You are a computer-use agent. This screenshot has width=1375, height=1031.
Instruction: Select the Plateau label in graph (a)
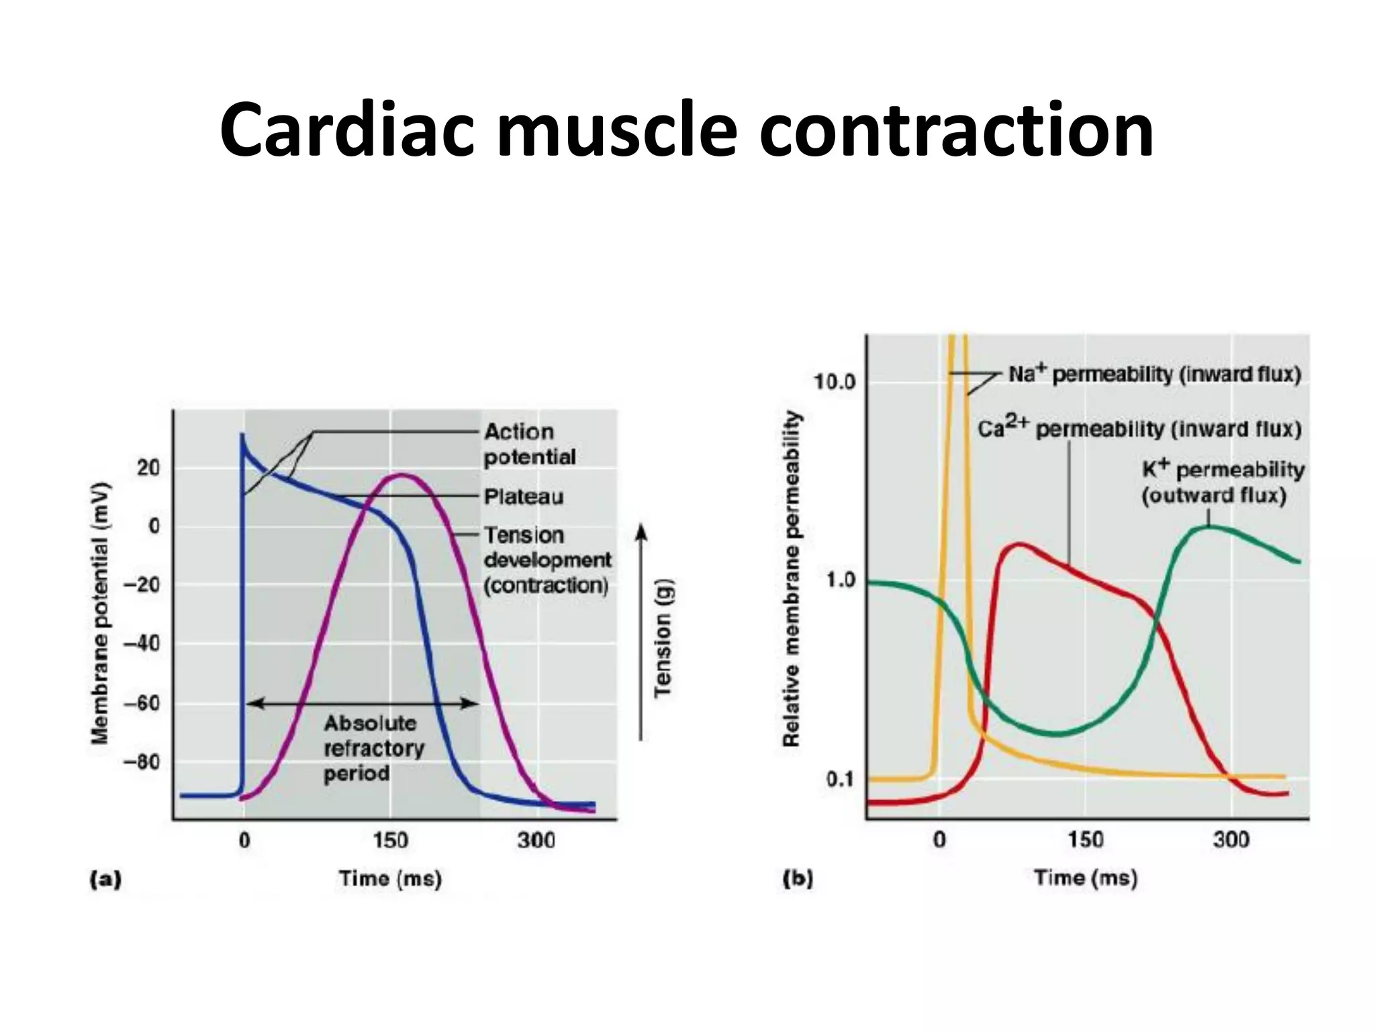coord(524,497)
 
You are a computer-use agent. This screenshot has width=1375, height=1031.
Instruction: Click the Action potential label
coord(529,444)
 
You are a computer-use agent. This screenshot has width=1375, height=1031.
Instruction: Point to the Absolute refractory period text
coord(373,748)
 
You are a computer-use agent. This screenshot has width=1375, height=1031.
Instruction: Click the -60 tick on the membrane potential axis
coord(142,703)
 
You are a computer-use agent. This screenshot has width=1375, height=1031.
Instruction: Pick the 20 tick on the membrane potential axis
coord(148,468)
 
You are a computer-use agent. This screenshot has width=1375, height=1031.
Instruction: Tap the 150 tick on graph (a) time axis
coord(390,840)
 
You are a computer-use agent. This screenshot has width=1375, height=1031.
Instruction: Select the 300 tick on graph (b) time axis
coord(1231,840)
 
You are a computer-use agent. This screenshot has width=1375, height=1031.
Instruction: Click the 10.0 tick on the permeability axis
coord(835,382)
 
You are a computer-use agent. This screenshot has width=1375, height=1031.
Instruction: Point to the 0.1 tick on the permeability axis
coord(840,779)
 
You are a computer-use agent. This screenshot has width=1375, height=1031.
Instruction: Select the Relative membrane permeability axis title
coord(792,579)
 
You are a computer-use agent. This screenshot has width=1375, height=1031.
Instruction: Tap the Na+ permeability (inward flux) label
coord(1154,375)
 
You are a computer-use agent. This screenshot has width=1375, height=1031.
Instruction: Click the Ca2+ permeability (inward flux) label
coord(1139,429)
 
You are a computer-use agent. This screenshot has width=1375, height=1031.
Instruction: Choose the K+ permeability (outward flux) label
coord(1222,482)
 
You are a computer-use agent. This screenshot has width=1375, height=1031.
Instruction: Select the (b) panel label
coord(798,878)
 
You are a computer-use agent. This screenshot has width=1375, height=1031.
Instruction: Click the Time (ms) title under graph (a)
coord(390,879)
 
